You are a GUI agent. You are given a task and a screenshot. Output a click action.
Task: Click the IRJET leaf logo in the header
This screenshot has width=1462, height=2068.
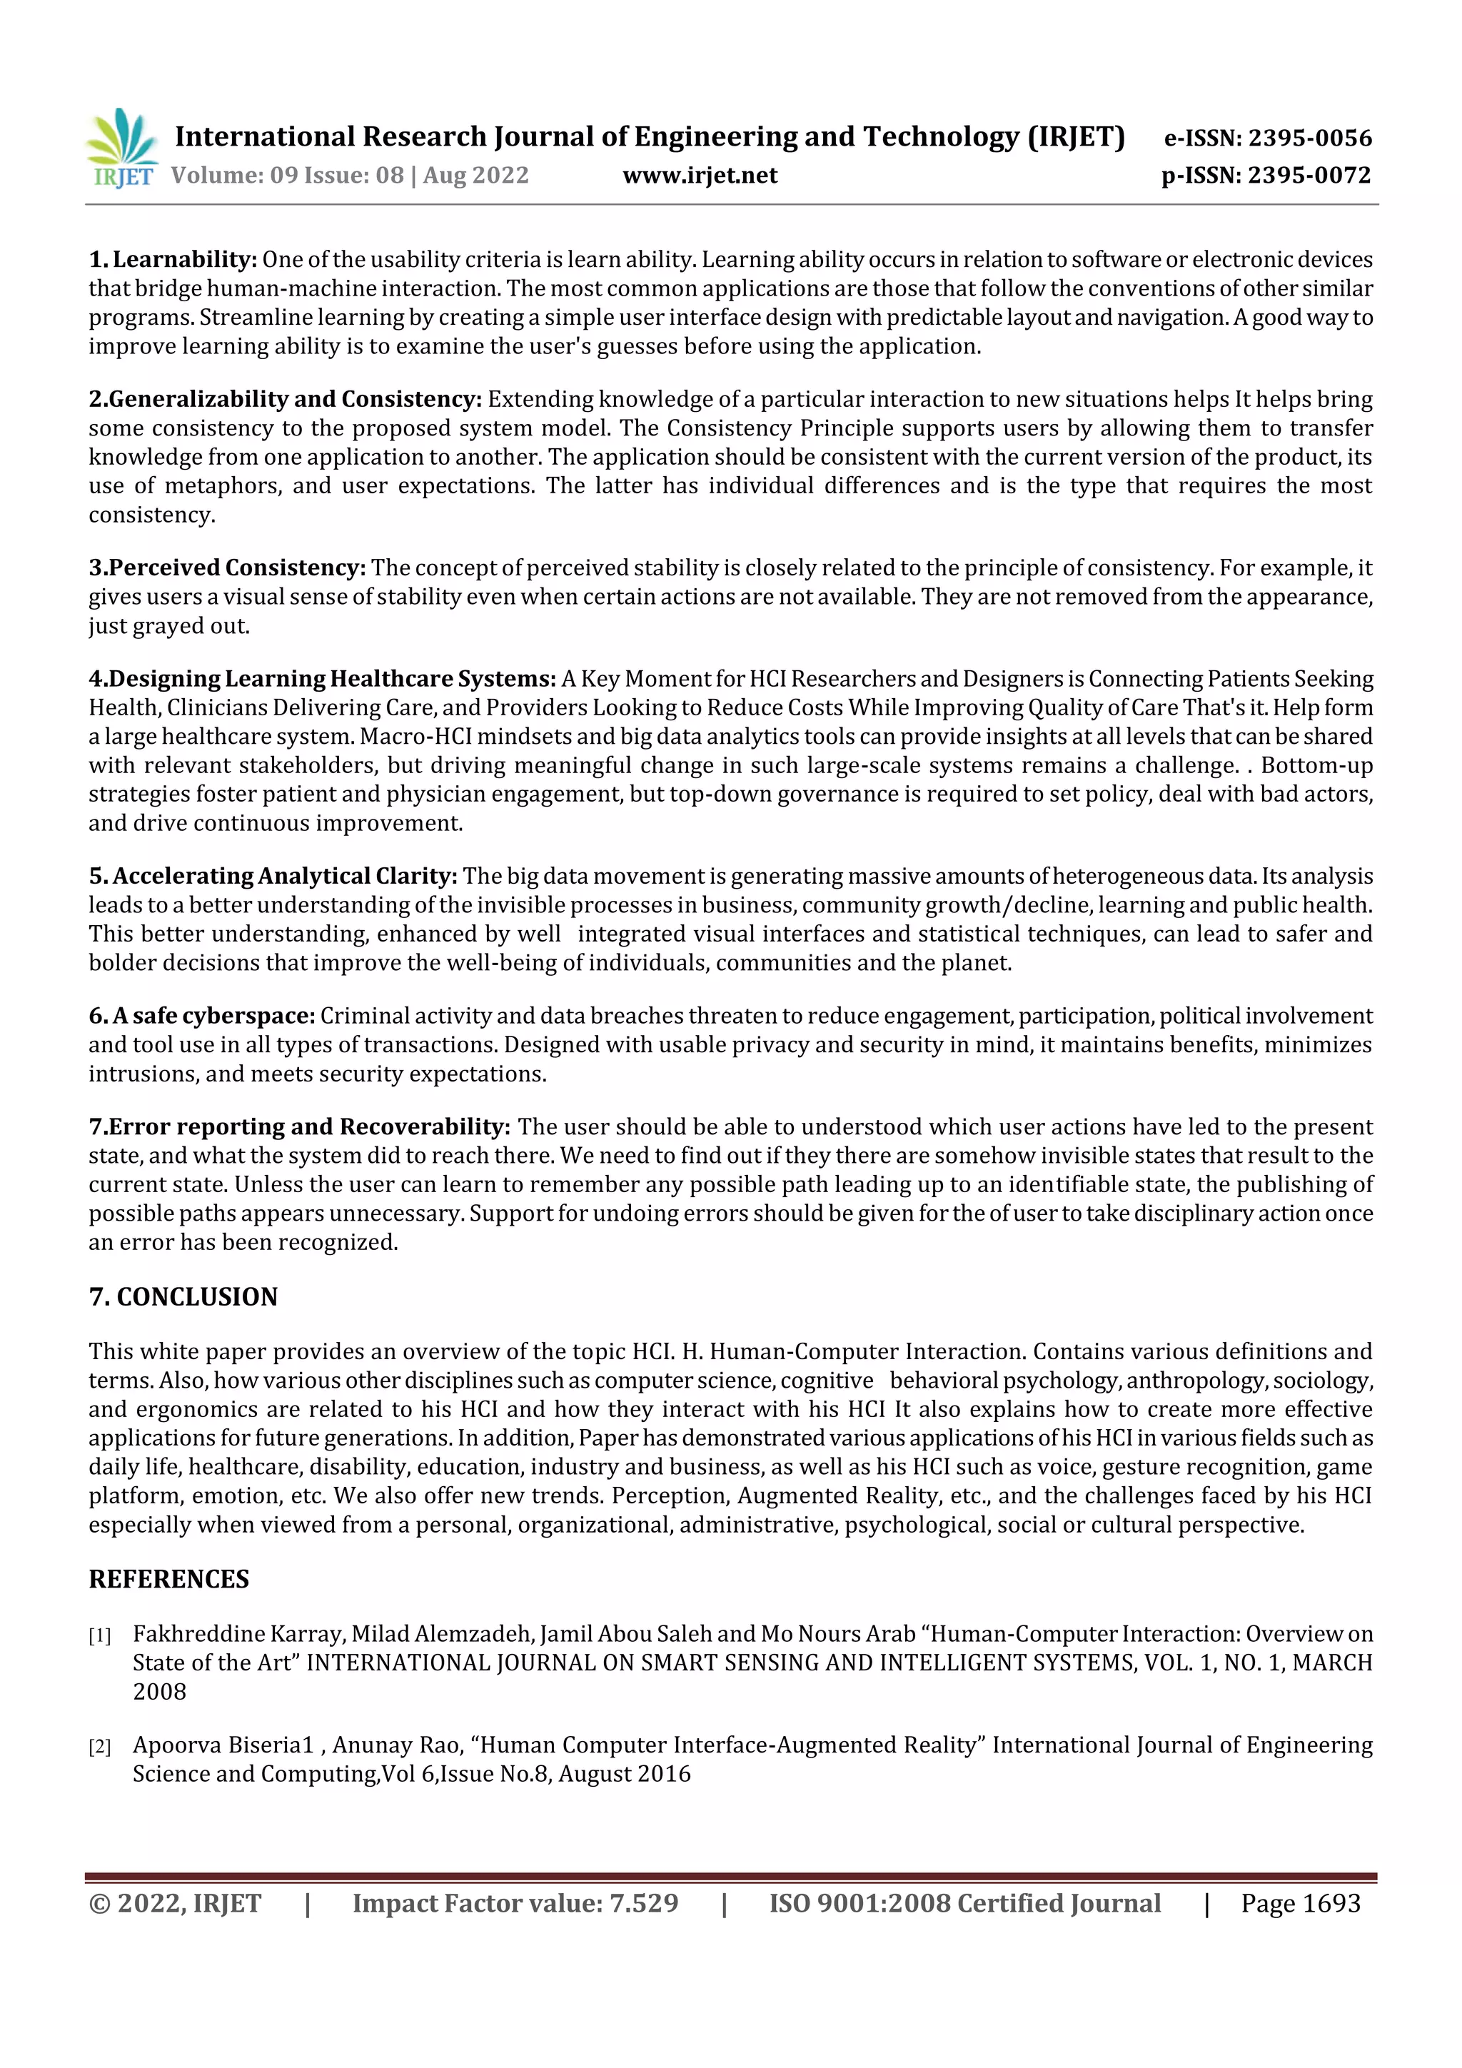(x=121, y=147)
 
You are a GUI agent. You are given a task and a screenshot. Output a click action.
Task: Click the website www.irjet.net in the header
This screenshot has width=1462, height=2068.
(x=699, y=175)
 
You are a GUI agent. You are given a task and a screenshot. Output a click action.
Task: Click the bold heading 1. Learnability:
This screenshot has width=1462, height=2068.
(x=173, y=259)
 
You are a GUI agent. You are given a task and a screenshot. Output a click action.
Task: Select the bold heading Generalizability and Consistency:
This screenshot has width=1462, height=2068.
(x=296, y=399)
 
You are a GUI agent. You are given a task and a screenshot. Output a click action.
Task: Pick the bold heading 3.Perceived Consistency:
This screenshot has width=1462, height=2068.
(x=227, y=568)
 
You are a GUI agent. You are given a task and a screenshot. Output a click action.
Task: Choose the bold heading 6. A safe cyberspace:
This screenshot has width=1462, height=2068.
(x=202, y=1016)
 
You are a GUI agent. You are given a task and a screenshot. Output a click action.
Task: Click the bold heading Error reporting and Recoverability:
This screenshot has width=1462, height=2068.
(x=309, y=1126)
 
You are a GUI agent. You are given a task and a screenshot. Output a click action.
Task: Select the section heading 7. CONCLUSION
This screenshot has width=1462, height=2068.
(x=183, y=1297)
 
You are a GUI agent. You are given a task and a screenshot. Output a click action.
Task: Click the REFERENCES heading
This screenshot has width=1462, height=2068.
(x=168, y=1579)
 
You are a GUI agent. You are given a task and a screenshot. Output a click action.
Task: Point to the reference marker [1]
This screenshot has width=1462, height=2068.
(x=99, y=1635)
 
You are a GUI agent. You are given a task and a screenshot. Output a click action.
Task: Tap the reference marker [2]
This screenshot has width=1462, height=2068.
(x=99, y=1747)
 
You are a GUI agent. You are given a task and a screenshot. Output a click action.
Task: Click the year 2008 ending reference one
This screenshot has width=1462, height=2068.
(x=159, y=1692)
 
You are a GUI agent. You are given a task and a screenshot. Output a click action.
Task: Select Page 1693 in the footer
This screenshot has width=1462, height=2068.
(x=1300, y=1903)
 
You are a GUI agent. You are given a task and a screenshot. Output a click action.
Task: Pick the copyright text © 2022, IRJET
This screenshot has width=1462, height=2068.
(x=175, y=1903)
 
